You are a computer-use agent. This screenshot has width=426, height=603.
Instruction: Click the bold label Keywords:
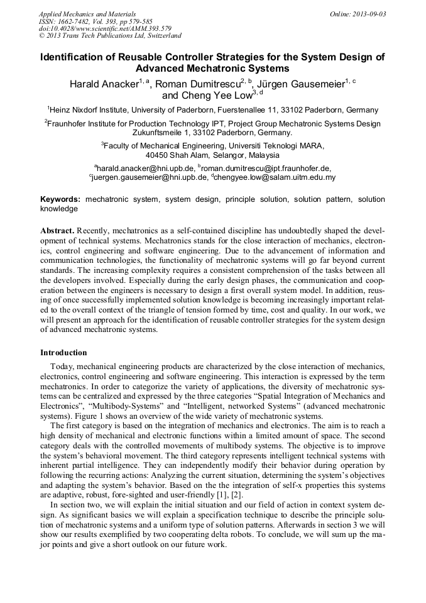pos(60,199)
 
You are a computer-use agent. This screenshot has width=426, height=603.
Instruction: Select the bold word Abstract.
pos(57,231)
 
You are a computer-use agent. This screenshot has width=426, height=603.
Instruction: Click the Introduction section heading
pos(63,352)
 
